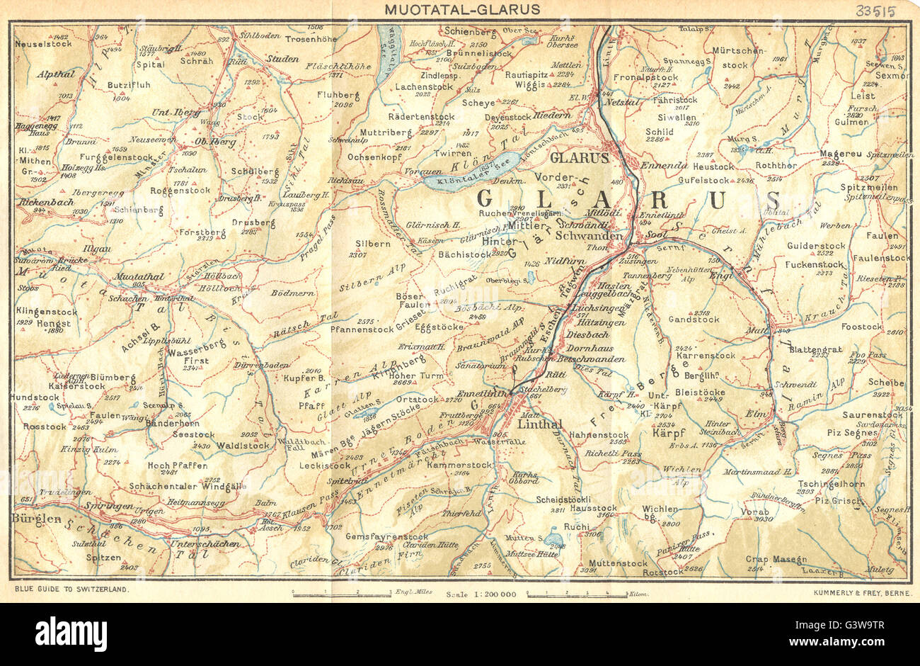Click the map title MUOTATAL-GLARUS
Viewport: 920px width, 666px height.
coord(462,9)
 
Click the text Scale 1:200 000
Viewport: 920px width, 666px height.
coord(481,594)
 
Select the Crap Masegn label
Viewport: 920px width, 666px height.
coord(776,558)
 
